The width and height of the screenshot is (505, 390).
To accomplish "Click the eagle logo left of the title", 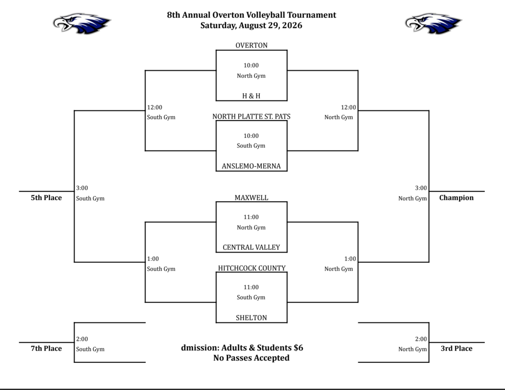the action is pos(82,23).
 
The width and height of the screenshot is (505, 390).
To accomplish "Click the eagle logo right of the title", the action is pos(433,23).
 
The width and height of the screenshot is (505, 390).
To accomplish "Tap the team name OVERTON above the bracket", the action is pos(252,45).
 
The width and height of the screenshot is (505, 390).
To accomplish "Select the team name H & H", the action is pos(251,96).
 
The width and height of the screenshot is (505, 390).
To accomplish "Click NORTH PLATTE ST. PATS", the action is pos(252,116).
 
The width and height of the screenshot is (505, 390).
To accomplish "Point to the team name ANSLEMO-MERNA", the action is pos(251,166).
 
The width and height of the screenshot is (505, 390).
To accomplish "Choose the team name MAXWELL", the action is pos(252,198).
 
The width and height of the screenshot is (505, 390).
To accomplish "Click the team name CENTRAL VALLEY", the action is pos(251,247).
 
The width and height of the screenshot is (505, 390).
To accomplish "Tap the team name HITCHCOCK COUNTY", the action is pos(252,268).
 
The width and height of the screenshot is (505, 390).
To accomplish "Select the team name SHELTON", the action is pos(251,318).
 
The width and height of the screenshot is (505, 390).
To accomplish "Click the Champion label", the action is pos(456,198).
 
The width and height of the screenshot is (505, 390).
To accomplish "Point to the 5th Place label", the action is pos(46,198).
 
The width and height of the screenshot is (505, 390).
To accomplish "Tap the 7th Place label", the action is pos(46,349).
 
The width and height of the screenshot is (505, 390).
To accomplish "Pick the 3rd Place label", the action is pos(456,349).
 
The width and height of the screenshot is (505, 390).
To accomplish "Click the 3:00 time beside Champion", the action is pos(421,188).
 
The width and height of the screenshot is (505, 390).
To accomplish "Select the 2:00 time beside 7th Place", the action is pos(82,339).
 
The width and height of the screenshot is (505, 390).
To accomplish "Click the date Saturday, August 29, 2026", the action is pos(251,26).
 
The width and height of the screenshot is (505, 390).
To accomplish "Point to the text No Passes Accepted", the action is pos(251,358).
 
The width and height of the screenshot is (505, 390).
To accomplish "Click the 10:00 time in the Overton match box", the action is pos(251,65).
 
